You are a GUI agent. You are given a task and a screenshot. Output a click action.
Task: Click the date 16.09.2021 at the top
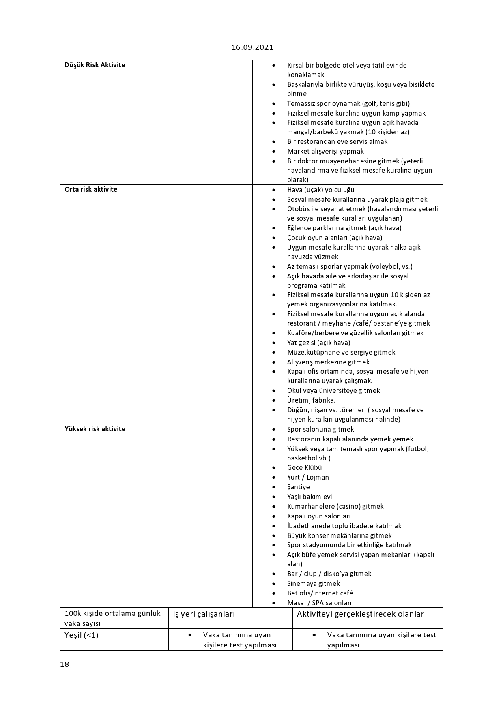(252, 47)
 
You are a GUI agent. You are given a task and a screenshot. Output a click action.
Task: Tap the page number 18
(64, 664)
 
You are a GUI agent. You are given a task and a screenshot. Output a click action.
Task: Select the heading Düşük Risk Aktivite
(95, 65)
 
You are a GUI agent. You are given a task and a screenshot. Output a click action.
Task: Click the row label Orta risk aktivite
(91, 189)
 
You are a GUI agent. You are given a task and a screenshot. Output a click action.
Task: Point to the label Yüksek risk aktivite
(95, 429)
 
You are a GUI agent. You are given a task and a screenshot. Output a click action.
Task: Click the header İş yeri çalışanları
(204, 614)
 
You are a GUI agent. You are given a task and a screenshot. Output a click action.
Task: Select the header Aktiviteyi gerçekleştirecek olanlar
(360, 614)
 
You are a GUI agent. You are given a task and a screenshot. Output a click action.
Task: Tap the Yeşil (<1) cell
(81, 635)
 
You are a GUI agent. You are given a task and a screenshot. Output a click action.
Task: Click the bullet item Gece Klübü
(304, 467)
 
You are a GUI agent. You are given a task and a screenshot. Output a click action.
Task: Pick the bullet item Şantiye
(298, 487)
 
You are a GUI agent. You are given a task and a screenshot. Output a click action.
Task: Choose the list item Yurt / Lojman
(308, 477)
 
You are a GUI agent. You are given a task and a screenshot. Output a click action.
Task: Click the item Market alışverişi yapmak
(325, 151)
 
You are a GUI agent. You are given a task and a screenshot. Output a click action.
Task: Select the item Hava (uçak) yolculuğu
(320, 190)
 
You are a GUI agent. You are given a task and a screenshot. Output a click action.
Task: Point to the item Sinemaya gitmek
(313, 583)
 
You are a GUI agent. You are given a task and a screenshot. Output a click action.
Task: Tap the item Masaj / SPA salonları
(319, 603)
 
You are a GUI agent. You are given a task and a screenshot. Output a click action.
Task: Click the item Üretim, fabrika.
(311, 400)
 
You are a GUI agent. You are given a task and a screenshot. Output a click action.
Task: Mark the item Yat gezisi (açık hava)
(318, 343)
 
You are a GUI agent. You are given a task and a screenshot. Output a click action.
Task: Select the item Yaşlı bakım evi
(310, 497)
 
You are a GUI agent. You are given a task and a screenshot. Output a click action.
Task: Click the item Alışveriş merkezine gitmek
(328, 362)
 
